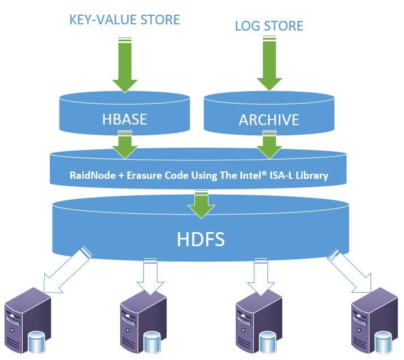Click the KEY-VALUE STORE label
124,20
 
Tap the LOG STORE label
269,25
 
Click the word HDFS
198,238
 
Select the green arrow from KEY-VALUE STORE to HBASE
125,64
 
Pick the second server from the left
142,323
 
